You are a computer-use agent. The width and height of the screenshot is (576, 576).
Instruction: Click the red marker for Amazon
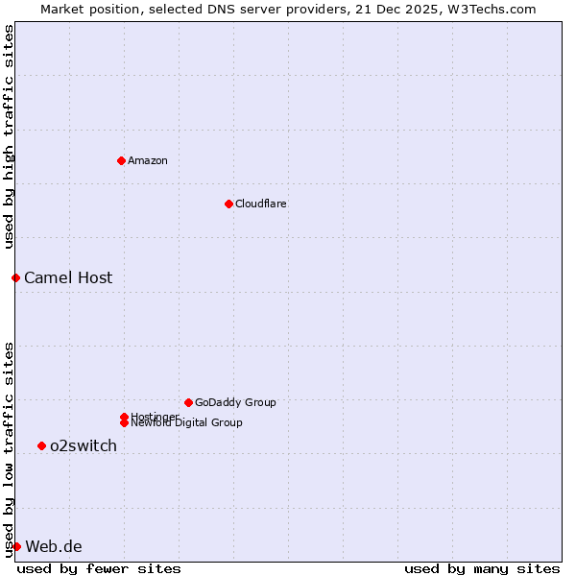(121, 160)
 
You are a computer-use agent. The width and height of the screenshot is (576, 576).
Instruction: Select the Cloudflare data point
(228, 204)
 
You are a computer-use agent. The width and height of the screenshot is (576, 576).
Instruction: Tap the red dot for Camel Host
(15, 277)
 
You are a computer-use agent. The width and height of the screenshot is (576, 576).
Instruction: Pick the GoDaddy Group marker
(188, 402)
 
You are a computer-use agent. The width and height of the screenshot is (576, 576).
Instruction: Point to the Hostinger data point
(124, 417)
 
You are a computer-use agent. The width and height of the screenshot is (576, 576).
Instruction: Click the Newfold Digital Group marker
(124, 423)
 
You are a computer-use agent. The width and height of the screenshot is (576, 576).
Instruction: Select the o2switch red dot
(41, 445)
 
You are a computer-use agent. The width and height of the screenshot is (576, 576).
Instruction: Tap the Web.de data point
(16, 546)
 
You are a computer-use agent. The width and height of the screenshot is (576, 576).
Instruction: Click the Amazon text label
(148, 160)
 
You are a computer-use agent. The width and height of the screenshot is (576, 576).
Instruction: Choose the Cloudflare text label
(261, 204)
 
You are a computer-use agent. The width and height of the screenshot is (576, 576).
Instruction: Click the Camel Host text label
(68, 277)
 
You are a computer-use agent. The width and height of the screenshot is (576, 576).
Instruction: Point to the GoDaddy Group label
(235, 402)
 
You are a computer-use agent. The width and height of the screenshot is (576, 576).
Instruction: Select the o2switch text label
(84, 445)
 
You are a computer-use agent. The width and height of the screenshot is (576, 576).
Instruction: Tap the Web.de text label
(54, 546)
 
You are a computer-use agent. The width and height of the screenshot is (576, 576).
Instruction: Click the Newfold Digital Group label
(187, 423)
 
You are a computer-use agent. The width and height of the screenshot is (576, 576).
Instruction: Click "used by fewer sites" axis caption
(99, 568)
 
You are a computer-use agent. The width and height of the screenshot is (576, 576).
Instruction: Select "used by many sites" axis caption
(482, 568)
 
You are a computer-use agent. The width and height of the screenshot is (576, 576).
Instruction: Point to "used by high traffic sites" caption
(9, 136)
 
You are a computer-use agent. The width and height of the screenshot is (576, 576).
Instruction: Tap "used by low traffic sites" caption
(9, 448)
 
